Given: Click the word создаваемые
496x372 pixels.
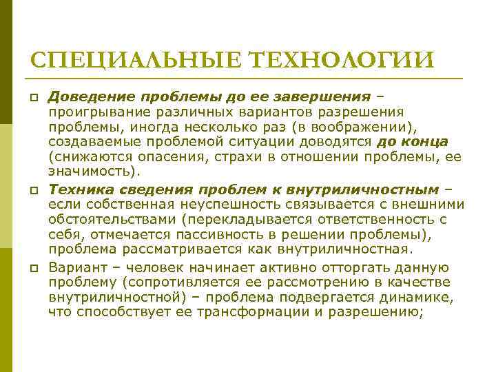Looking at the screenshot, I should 90,141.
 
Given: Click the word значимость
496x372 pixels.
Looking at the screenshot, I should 88,171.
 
